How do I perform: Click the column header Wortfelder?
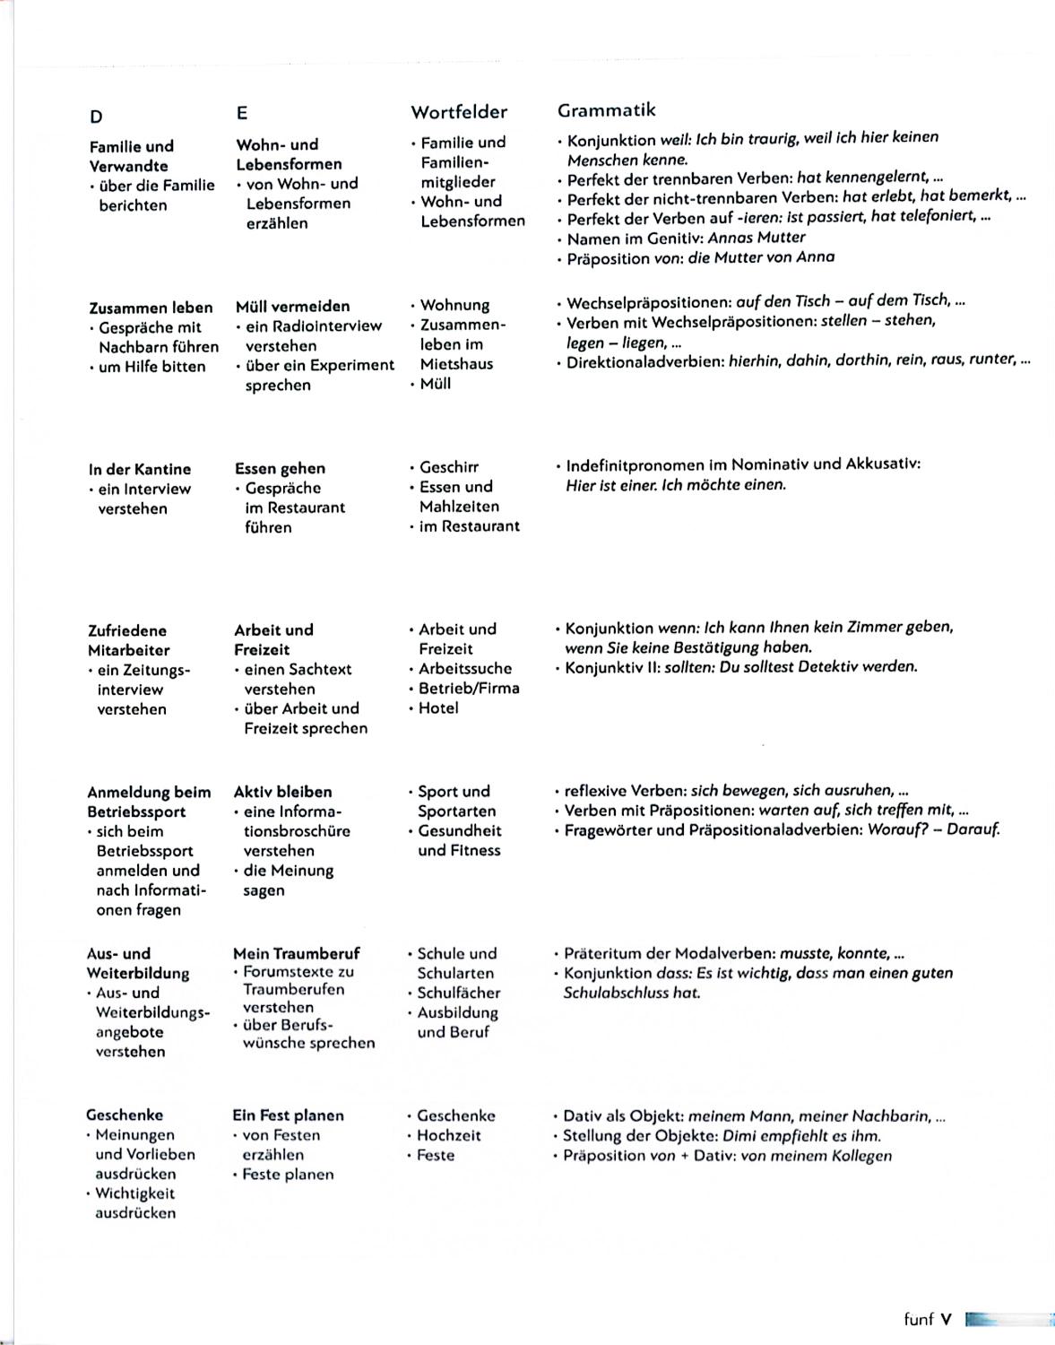[459, 112]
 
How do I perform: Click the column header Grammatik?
[606, 110]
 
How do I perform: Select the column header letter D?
[96, 117]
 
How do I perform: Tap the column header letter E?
[242, 113]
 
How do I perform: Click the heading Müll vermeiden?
[292, 307]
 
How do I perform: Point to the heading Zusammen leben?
[151, 308]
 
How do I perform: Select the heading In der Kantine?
[139, 469]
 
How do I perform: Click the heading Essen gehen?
[280, 468]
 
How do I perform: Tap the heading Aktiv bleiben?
[282, 792]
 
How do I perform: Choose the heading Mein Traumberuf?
[296, 953]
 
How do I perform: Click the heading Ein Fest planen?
[288, 1115]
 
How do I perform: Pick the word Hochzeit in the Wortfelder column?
[448, 1135]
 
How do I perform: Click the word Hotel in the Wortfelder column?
[438, 708]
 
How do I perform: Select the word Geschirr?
[449, 467]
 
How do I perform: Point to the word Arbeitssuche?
[465, 669]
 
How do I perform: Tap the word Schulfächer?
[459, 993]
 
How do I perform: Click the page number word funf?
[919, 1319]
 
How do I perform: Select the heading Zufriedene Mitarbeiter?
[128, 640]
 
